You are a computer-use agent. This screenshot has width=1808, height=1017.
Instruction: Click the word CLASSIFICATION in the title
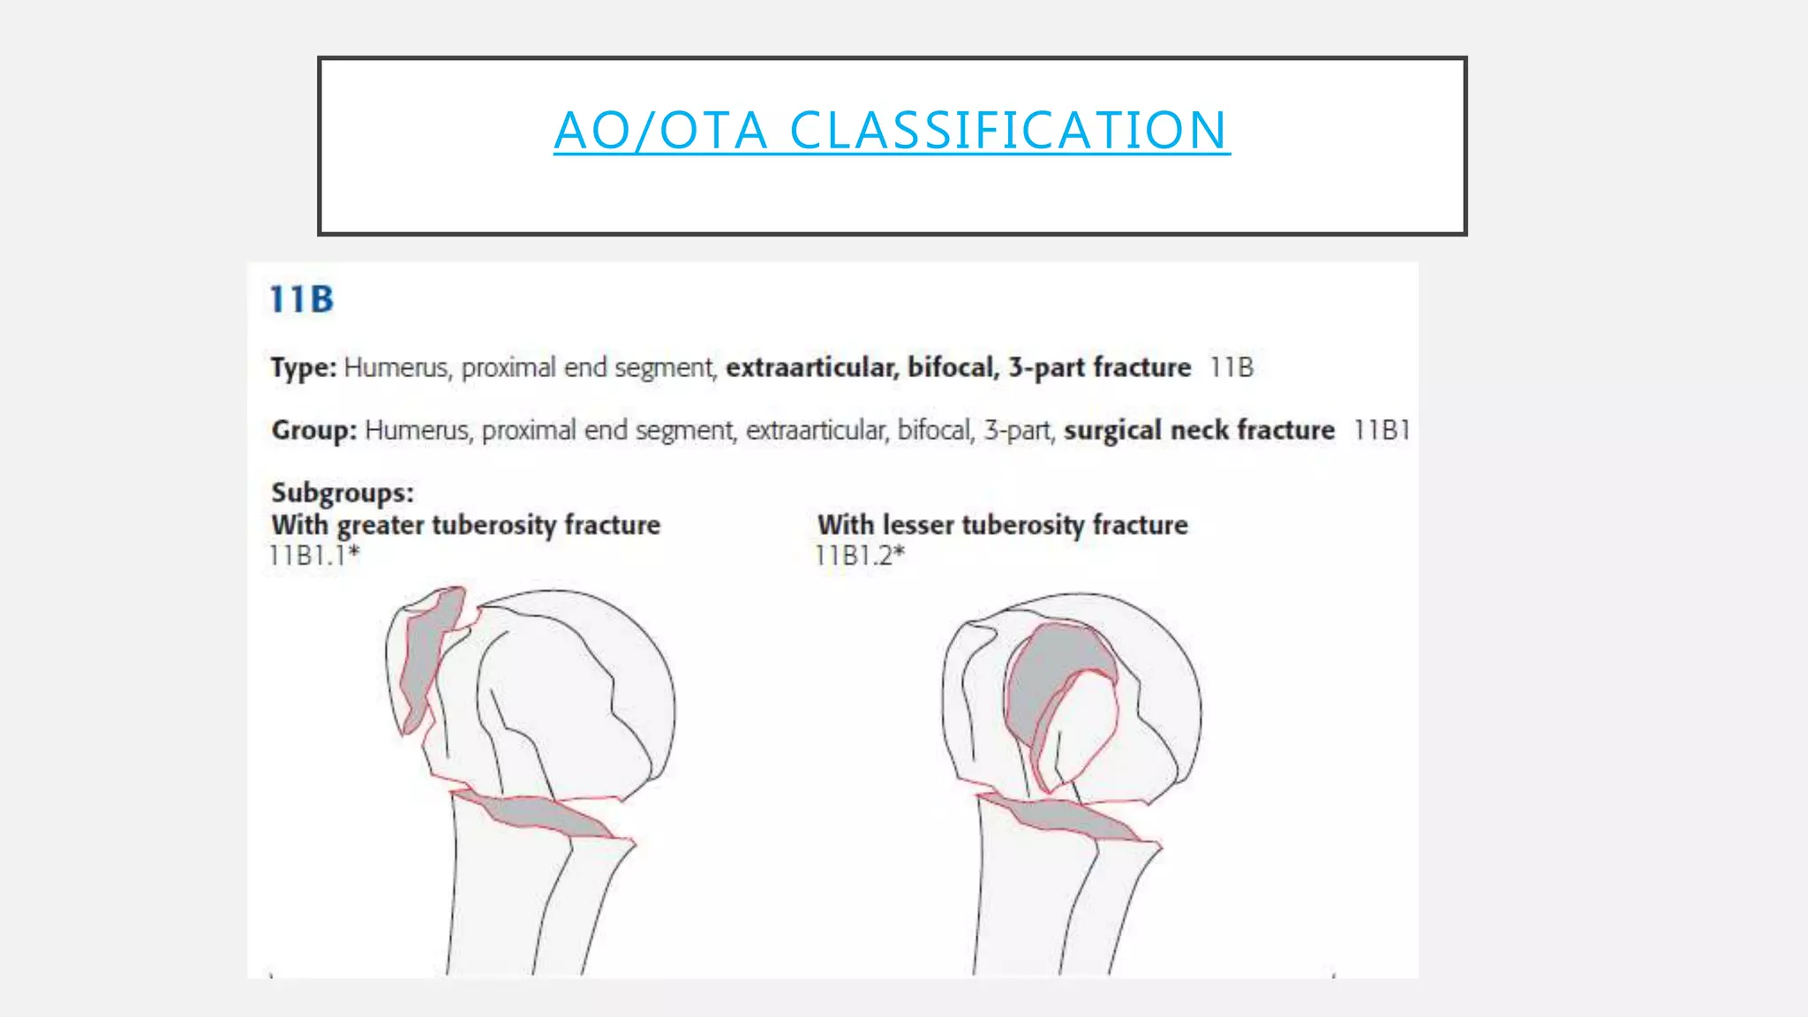pos(1007,131)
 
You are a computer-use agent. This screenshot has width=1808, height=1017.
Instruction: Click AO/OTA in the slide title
pos(661,131)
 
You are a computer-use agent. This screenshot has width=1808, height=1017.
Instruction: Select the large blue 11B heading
pos(302,299)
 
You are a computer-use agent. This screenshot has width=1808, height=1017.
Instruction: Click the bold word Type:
pos(303,367)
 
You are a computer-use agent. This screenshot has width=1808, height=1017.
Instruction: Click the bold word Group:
pos(313,430)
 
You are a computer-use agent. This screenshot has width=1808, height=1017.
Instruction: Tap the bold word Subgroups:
pos(342,492)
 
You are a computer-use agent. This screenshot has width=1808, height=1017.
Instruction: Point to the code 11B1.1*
pos(314,555)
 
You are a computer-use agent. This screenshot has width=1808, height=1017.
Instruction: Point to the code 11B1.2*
pos(860,555)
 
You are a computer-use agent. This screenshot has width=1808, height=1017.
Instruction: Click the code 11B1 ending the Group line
pos(1382,430)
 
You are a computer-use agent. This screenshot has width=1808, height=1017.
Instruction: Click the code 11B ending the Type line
pos(1231,367)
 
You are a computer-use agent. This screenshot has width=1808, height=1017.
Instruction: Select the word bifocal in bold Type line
pos(952,367)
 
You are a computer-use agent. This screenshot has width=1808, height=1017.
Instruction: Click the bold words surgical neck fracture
pos(1199,430)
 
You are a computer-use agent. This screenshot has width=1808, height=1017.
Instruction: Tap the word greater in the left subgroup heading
pos(382,525)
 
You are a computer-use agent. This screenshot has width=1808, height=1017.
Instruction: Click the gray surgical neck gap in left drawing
pos(539,814)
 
